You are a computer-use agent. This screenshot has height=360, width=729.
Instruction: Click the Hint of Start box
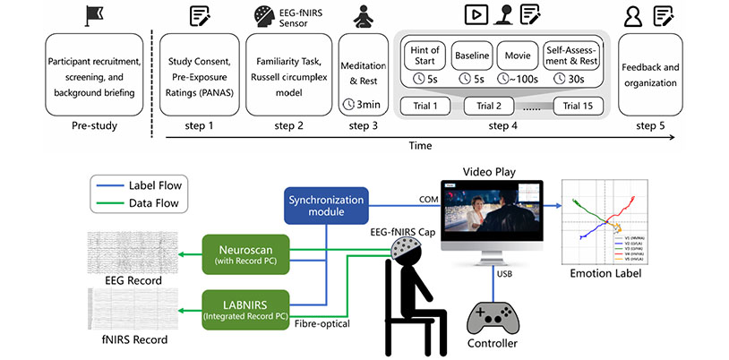(x=425, y=60)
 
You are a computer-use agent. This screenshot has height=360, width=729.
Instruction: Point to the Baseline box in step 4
(x=471, y=60)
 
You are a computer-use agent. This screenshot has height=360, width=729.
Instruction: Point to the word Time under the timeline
(x=414, y=144)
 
